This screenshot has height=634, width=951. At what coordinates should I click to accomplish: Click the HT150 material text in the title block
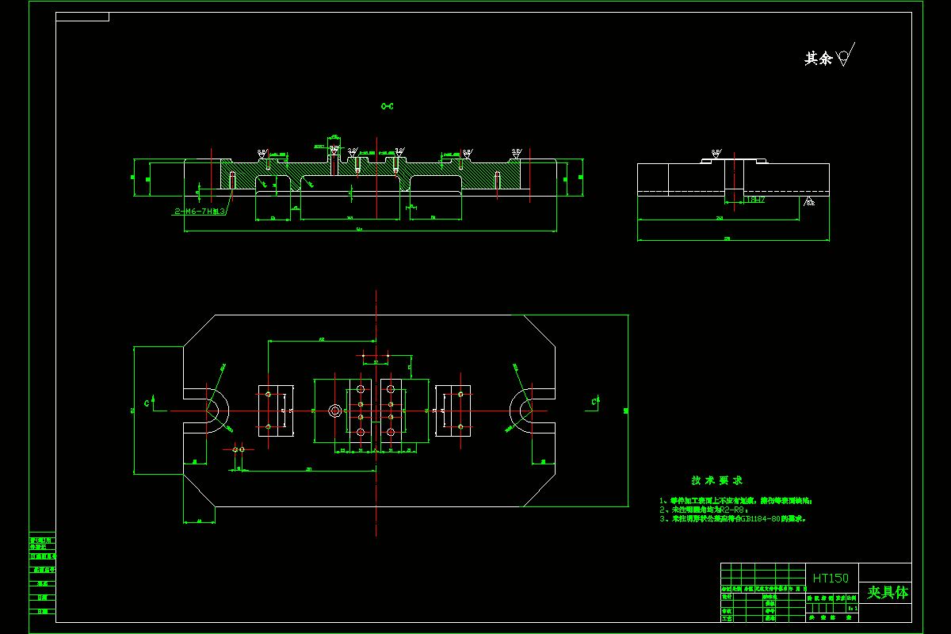831,578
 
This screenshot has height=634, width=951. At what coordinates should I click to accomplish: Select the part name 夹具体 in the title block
887,592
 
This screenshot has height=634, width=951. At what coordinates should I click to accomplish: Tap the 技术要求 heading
716,480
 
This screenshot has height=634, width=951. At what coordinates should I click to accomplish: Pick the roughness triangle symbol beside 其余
845,57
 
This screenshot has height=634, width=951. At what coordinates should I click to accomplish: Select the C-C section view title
387,106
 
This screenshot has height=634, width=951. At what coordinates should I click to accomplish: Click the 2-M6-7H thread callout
200,211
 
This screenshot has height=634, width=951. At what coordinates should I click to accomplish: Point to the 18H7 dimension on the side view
754,200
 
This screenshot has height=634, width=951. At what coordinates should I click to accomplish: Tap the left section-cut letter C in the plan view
147,403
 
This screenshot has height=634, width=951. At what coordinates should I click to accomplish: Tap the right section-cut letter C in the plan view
593,403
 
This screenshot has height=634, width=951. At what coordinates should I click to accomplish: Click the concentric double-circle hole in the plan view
334,411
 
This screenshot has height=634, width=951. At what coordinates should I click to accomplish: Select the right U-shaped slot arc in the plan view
521,411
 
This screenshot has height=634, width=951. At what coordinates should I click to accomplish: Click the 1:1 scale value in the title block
852,608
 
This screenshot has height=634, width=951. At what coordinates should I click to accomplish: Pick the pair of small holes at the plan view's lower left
238,449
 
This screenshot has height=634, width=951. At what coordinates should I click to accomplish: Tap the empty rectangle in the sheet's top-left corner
82,17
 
